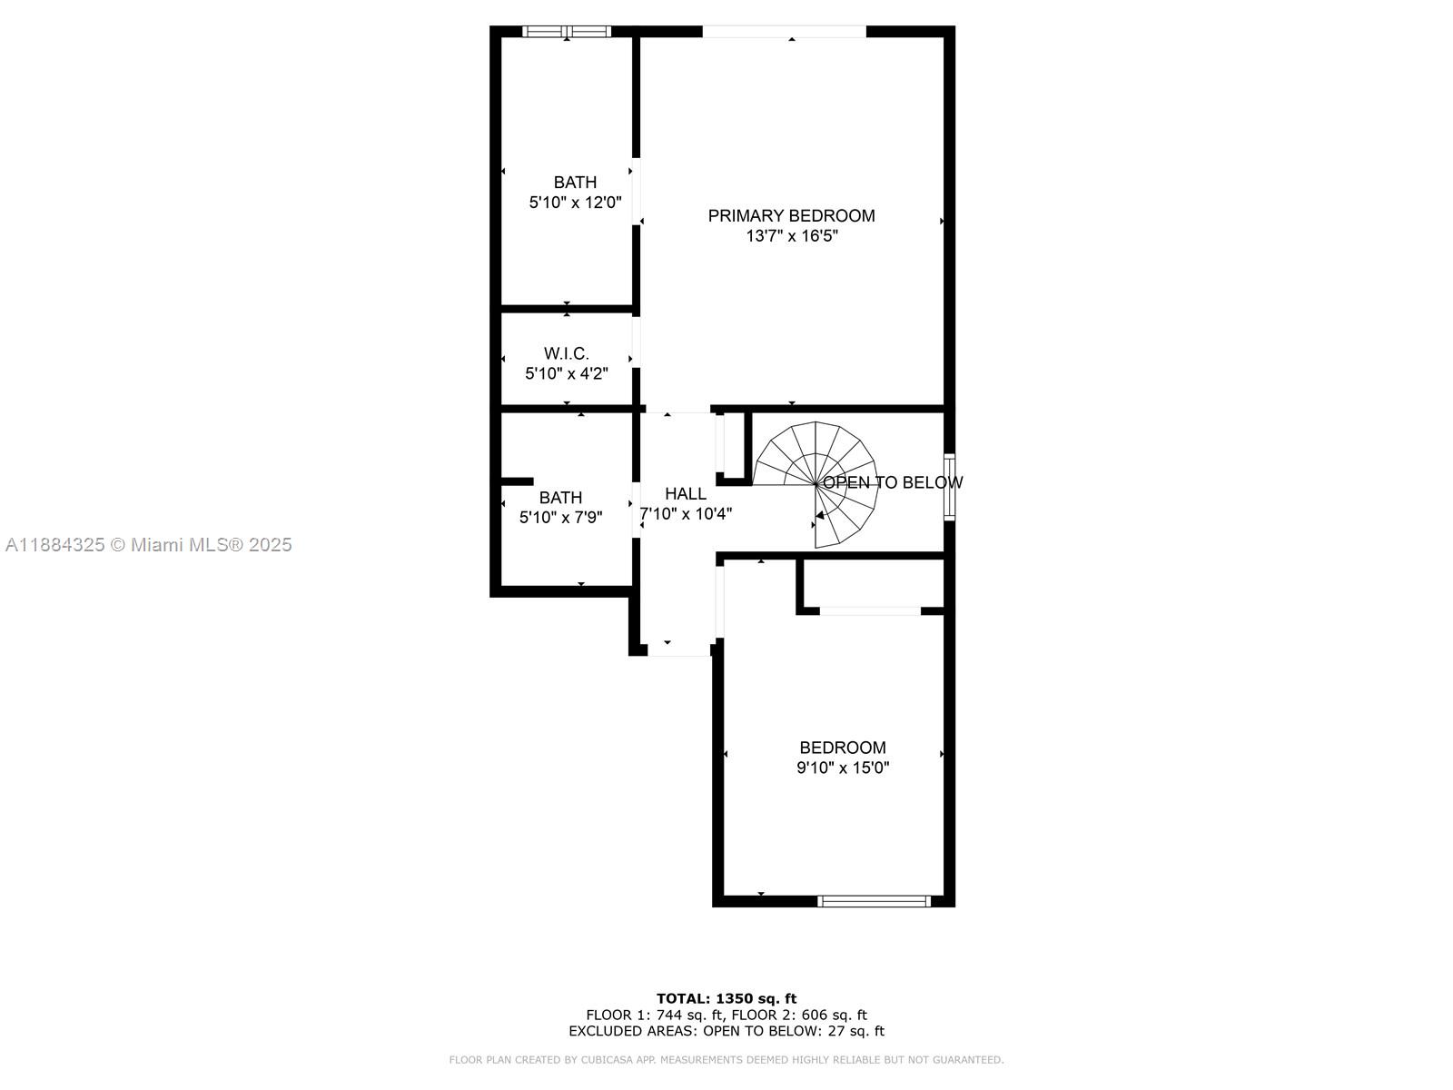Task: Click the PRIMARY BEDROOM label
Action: click(791, 215)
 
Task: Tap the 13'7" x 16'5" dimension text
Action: click(791, 236)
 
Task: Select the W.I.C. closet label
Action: click(566, 353)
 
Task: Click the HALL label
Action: click(685, 493)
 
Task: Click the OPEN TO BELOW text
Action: click(893, 482)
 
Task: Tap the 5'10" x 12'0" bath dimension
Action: click(575, 203)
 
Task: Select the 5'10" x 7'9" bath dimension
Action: click(560, 518)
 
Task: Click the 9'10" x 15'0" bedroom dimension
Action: click(842, 768)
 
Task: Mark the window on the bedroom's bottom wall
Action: click(874, 901)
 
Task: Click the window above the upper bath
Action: click(568, 32)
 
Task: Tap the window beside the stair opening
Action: click(949, 486)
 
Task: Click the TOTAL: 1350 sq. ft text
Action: click(726, 998)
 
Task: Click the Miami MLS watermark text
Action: click(148, 545)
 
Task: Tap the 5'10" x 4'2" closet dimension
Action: click(566, 373)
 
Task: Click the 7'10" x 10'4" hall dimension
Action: click(686, 514)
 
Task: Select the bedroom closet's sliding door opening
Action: click(869, 611)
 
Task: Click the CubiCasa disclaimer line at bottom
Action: click(726, 1060)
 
